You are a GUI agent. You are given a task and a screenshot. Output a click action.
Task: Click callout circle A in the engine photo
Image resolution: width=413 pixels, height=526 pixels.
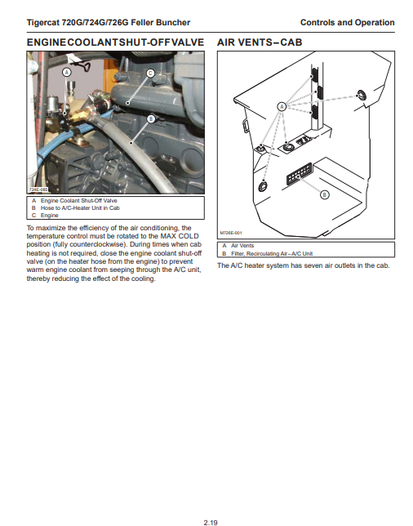point(67,72)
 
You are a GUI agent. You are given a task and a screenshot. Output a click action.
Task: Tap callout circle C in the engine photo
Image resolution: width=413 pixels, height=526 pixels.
point(150,74)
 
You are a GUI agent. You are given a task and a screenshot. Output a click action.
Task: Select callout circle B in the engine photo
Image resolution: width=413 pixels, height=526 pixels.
point(151,118)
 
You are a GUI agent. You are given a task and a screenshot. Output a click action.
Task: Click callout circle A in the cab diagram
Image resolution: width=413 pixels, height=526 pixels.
point(282,107)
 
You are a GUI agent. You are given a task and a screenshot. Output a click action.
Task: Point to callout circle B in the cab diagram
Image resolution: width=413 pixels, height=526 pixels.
point(324,194)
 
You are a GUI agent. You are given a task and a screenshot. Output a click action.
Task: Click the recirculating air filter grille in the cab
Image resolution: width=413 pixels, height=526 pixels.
point(299,173)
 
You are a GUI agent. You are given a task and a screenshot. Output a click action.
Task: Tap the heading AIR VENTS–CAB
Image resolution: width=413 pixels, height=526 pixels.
point(260,42)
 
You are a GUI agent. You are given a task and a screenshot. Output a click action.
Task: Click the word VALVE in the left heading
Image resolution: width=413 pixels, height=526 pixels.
point(188,42)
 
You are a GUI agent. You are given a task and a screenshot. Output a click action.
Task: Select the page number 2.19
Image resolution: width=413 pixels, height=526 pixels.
point(211,522)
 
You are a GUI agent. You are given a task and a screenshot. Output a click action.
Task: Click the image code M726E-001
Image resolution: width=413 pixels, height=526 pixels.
point(231,233)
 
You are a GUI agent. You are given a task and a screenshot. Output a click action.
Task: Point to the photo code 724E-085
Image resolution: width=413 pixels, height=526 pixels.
point(38,189)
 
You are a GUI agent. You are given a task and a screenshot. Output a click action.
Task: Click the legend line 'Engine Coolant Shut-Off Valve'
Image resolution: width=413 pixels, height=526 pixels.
point(79,201)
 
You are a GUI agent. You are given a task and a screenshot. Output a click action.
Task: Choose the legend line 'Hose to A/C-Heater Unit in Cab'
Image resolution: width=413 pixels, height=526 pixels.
point(80,208)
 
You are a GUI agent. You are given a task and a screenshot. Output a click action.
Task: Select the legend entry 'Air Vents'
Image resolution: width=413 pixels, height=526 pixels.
point(242,246)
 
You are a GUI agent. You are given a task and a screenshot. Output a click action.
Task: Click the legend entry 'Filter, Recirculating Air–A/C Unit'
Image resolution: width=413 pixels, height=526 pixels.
point(272,253)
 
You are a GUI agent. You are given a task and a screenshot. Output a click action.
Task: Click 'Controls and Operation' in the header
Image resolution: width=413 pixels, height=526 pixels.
point(348,23)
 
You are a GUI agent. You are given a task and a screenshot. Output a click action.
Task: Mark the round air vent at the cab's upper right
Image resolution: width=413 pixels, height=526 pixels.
point(362,96)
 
